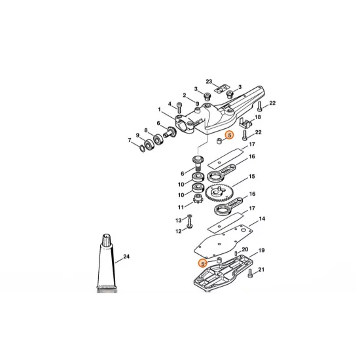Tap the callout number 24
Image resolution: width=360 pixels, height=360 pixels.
pyautogui.click(x=126, y=257)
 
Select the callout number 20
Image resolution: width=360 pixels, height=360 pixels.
pyautogui.click(x=245, y=250)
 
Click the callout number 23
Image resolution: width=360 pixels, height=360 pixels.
pyautogui.click(x=209, y=82)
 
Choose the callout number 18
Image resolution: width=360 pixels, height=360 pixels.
pyautogui.click(x=257, y=117)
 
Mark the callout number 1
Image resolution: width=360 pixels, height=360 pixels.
pyautogui.click(x=158, y=109)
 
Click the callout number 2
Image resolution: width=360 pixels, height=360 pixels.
pyautogui.click(x=185, y=96)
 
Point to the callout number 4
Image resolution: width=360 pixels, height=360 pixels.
pyautogui.click(x=170, y=104)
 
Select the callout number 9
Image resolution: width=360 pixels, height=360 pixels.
pyautogui.click(x=137, y=135)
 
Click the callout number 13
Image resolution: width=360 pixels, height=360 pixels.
pyautogui.click(x=177, y=220)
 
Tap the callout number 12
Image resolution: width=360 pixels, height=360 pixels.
pyautogui.click(x=177, y=231)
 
